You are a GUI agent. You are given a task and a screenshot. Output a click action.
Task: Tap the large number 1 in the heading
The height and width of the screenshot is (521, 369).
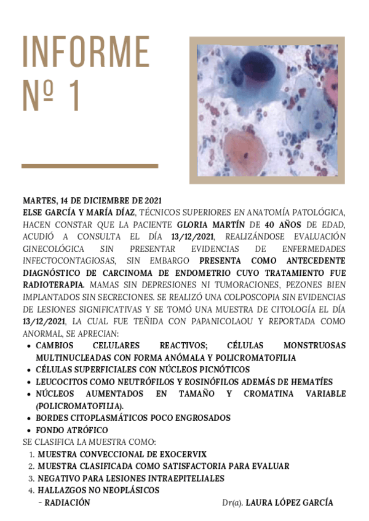(x=73, y=96)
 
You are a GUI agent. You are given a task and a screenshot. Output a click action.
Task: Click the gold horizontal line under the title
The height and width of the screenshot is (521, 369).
(x=90, y=166)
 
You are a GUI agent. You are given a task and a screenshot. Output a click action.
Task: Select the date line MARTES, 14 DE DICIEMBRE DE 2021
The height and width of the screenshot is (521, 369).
(x=92, y=201)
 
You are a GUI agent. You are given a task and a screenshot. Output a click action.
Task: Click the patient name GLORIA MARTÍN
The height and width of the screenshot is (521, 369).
(x=205, y=224)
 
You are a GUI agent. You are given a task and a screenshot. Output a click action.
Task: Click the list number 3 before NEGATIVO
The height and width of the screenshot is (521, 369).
(x=31, y=478)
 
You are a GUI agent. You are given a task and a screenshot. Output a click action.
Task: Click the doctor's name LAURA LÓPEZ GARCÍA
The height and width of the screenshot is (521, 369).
(x=289, y=503)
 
